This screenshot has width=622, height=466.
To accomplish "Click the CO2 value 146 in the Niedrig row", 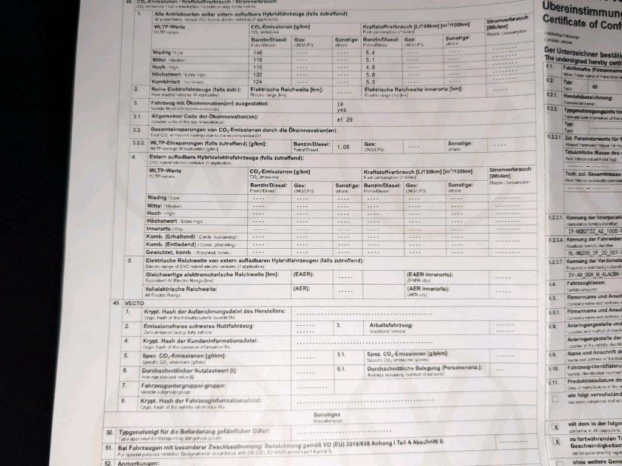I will (x=258, y=53).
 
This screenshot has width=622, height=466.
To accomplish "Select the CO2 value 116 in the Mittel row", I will (x=258, y=60).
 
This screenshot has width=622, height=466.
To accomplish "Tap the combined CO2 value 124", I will (x=258, y=81).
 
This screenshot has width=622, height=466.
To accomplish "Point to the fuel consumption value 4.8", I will (x=370, y=67).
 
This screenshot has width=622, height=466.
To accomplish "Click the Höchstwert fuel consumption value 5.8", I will (x=370, y=75).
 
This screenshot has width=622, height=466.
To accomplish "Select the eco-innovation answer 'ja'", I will (x=340, y=103).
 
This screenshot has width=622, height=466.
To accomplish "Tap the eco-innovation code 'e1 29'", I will (x=345, y=120).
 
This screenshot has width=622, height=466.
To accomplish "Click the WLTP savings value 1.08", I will (x=343, y=146).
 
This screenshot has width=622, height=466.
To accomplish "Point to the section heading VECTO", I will (x=134, y=302).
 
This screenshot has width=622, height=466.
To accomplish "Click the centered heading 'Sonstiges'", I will (x=326, y=414).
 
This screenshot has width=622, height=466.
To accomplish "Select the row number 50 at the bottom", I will (x=109, y=432).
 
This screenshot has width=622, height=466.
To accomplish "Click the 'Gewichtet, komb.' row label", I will (x=173, y=252).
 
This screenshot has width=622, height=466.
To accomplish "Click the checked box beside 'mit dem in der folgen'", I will (x=555, y=427).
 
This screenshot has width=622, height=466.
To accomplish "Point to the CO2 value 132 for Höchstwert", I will (x=258, y=74).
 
